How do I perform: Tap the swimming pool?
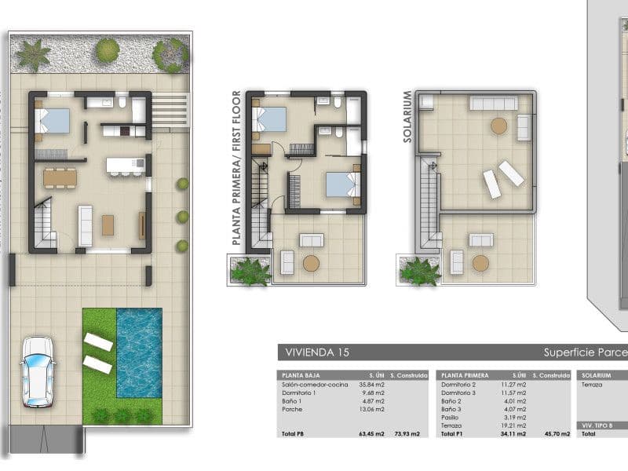tap(139, 351)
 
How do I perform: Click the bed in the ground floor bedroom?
tap(53, 121)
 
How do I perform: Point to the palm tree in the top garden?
tap(34, 55)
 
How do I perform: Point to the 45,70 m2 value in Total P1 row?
tap(547, 434)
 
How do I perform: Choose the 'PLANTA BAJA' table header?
tap(299, 375)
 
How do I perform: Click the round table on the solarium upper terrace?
tap(498, 125)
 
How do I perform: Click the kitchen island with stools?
tap(126, 166)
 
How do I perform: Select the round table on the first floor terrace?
tap(312, 263)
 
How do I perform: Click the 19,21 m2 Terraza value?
tap(513, 425)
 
